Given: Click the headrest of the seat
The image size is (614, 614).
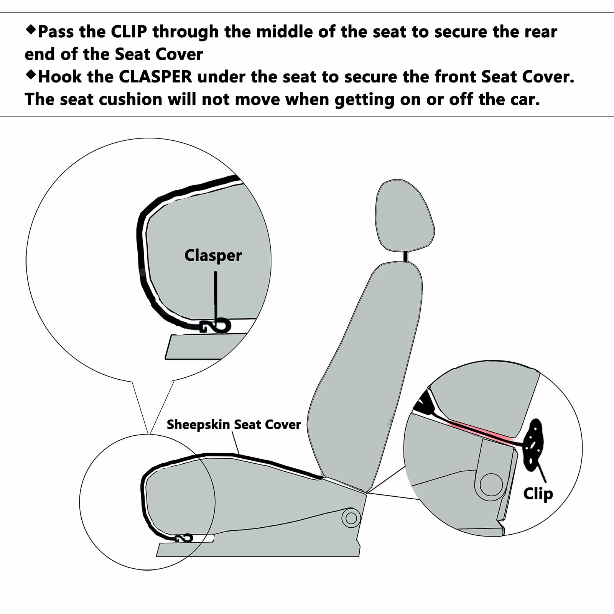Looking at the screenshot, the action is (x=405, y=216).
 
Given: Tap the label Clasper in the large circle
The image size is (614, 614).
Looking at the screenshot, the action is (x=213, y=256).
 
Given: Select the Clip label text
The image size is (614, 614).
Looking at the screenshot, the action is (x=538, y=494).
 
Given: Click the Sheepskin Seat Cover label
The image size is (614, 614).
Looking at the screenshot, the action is (x=234, y=425).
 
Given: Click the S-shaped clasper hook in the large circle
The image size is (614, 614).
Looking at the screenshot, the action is (x=217, y=326).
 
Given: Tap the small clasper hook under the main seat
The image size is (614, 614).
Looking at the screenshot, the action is (x=184, y=538).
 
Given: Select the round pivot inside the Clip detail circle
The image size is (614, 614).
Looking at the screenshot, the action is (x=491, y=485).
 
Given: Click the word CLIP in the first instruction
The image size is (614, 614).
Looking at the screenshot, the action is (x=129, y=32).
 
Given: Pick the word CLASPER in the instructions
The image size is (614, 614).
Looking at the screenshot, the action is (x=155, y=77).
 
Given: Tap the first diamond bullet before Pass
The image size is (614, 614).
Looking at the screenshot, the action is (x=30, y=30).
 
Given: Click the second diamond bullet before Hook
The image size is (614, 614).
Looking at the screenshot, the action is (x=30, y=75).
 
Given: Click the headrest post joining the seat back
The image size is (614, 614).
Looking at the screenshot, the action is (x=405, y=256).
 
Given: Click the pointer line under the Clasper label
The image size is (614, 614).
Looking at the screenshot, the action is (x=216, y=298).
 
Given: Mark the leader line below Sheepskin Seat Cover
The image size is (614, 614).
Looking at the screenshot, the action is (x=236, y=443).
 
